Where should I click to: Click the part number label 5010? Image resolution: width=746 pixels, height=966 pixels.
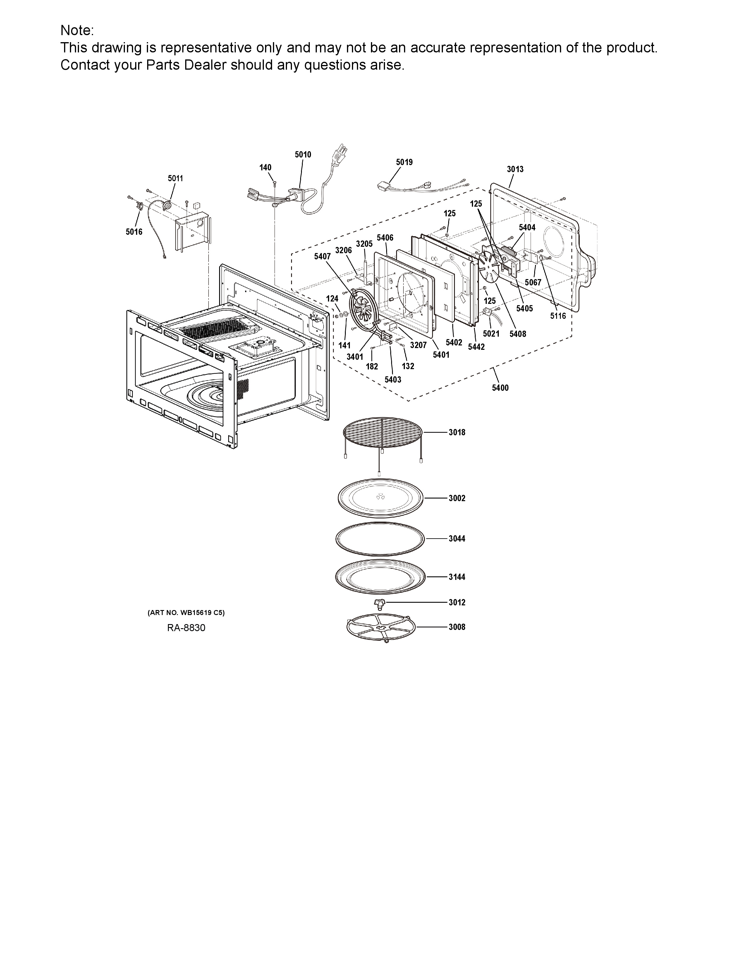coord(303,154)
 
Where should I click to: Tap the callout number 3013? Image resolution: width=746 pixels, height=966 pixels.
coord(515,169)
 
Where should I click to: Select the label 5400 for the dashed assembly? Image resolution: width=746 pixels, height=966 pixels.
coord(500,388)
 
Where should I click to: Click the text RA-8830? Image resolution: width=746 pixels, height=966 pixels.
coord(186,628)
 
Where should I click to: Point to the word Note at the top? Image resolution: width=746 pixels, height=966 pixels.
coord(77,30)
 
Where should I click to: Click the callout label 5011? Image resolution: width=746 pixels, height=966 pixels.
coord(176,178)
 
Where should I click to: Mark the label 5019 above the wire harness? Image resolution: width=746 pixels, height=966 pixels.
coord(404,162)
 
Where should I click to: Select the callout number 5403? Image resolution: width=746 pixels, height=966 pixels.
coord(393,379)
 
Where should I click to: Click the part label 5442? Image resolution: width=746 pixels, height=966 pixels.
coord(476,347)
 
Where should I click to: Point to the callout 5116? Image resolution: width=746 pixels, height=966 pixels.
coord(558,316)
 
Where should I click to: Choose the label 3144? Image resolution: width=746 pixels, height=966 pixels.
coord(457,577)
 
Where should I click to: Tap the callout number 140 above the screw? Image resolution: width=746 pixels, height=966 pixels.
coord(265,167)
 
